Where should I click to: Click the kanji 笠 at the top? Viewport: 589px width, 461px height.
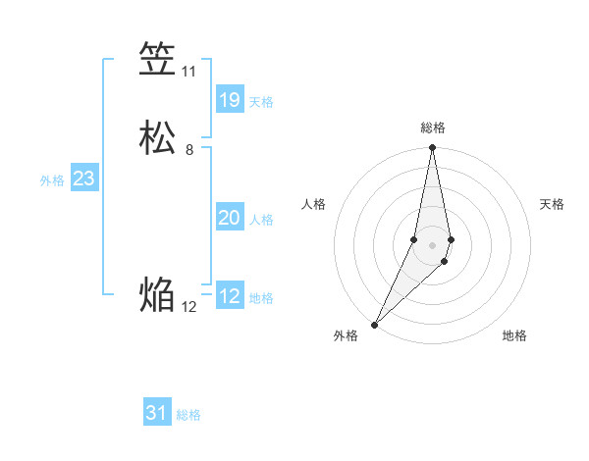point(157,60)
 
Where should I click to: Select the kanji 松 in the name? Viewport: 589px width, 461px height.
point(157,138)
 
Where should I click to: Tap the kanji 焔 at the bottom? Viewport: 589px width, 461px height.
point(157,294)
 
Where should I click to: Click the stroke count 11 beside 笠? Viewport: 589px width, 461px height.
point(188,72)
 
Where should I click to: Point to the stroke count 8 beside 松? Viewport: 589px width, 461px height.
point(189,150)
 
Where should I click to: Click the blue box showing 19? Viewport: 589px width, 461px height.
point(230,99)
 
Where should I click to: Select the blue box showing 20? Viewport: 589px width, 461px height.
point(230,218)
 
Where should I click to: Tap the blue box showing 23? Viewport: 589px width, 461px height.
point(83,179)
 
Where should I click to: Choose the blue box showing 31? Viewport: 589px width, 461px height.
point(157,413)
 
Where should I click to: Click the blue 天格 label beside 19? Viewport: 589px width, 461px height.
point(261,102)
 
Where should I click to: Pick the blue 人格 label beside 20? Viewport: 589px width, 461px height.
point(261,220)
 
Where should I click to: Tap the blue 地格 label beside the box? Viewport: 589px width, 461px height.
point(261,298)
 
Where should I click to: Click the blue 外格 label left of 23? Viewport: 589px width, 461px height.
point(52,180)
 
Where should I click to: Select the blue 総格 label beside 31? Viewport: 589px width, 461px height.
point(188,415)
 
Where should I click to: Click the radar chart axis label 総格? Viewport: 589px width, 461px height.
point(433,128)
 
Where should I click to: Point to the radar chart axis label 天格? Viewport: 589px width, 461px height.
point(552,204)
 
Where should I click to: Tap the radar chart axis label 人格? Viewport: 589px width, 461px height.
point(313,204)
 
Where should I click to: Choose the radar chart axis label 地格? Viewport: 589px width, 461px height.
point(514,335)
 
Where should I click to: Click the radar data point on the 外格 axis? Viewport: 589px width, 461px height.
point(374,324)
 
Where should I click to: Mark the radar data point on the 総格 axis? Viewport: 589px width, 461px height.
point(433,148)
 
